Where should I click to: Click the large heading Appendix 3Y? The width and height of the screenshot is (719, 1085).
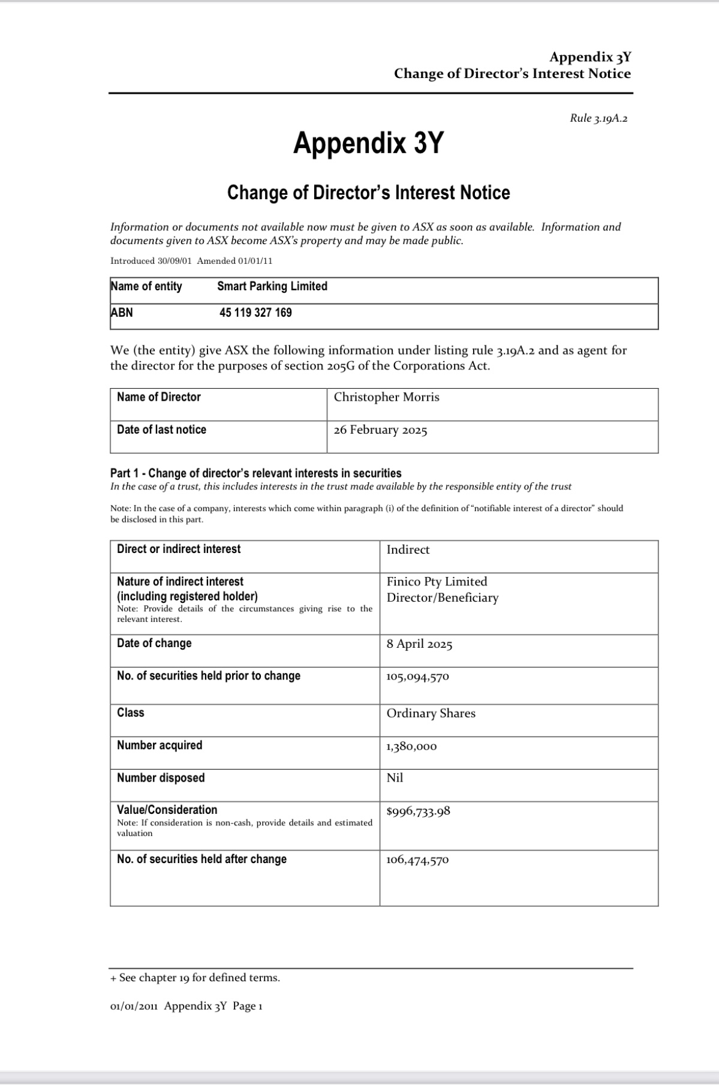(x=368, y=143)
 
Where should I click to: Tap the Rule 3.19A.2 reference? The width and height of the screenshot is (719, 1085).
(x=598, y=118)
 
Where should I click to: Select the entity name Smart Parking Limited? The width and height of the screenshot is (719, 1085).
(x=272, y=286)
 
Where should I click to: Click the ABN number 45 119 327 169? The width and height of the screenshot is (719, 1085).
(x=255, y=312)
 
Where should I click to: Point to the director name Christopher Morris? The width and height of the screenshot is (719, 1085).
(x=386, y=397)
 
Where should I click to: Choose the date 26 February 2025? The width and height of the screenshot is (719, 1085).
(x=380, y=430)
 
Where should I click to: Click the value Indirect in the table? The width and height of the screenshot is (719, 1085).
(x=408, y=549)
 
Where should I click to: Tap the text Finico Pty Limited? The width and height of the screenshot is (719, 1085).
(x=437, y=581)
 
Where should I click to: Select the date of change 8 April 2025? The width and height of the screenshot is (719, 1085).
(x=419, y=644)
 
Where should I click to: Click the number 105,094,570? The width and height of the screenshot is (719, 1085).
(x=417, y=677)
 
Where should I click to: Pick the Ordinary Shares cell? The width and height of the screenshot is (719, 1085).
(x=431, y=713)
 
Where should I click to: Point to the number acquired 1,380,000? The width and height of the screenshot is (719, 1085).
(x=411, y=746)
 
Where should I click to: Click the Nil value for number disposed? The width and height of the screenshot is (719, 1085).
(x=395, y=778)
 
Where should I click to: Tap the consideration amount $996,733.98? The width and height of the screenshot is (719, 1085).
(x=418, y=812)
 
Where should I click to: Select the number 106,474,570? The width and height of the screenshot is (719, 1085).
(x=417, y=860)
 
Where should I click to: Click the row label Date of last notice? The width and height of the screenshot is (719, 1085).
(x=161, y=429)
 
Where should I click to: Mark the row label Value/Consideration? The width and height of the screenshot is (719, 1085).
(x=167, y=810)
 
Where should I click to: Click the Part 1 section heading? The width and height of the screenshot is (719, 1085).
(x=256, y=473)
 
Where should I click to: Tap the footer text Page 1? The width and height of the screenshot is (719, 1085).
(x=248, y=1006)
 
